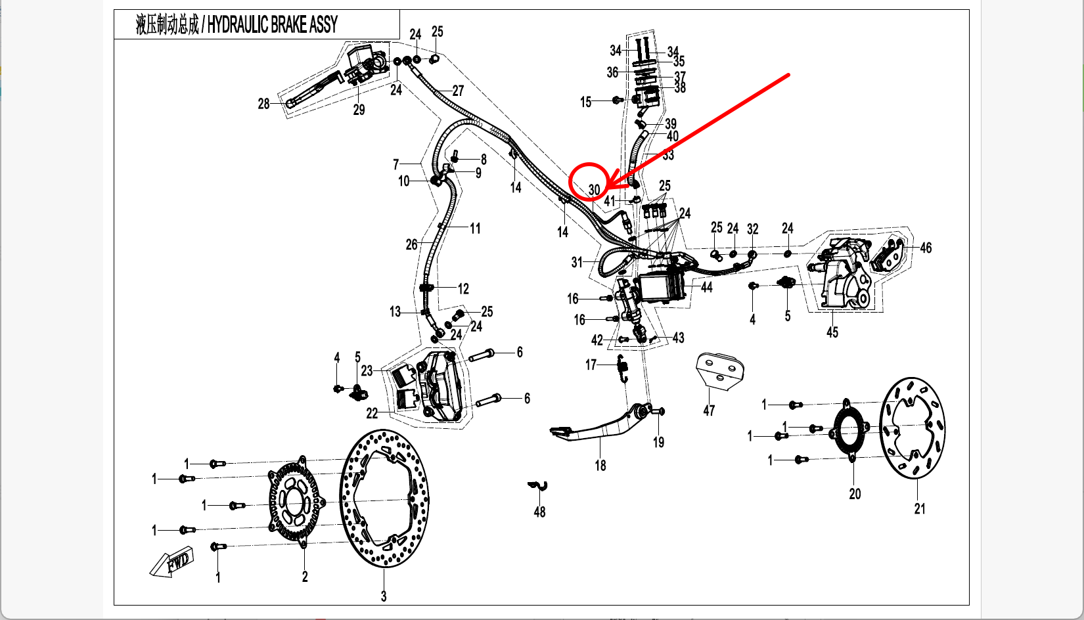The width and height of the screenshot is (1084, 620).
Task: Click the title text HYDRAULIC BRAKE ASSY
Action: tap(272, 25)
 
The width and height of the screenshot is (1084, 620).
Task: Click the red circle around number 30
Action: tap(589, 181)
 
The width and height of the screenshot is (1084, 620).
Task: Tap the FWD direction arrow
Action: tap(172, 563)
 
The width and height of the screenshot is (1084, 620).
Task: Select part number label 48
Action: tap(539, 512)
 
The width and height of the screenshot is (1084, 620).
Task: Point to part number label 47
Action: tap(709, 410)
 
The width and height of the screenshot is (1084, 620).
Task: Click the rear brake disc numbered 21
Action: tap(912, 428)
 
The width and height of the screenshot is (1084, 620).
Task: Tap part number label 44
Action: tap(706, 287)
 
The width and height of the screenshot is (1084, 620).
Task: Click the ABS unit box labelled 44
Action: tap(662, 287)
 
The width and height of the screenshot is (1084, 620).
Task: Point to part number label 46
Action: tap(926, 248)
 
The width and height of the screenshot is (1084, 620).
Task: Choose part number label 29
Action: tap(359, 110)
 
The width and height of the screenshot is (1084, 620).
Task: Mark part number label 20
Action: tap(855, 493)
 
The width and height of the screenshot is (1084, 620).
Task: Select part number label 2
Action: tap(305, 576)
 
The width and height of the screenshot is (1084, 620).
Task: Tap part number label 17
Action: tap(591, 365)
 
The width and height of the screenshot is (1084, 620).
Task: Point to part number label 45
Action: tap(832, 332)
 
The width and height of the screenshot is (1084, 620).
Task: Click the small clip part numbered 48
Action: tap(538, 486)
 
